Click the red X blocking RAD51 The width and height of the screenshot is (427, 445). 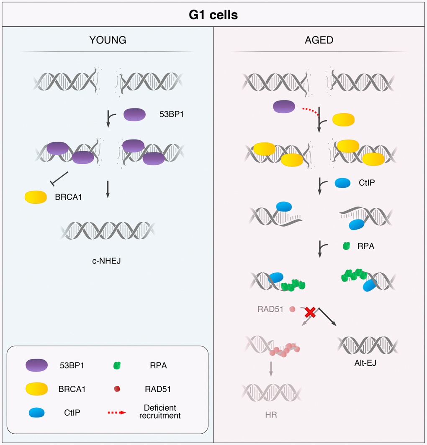click(310, 312)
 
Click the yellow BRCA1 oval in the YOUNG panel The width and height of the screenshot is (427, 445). click(36, 197)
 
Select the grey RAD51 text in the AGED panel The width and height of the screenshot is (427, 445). click(271, 310)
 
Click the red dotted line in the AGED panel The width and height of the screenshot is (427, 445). click(310, 111)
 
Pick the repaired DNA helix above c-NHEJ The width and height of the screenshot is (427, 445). click(108, 230)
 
